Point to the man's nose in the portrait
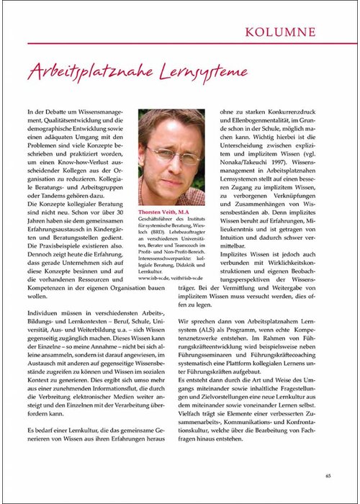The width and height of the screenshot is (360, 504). (x=173, y=162)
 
